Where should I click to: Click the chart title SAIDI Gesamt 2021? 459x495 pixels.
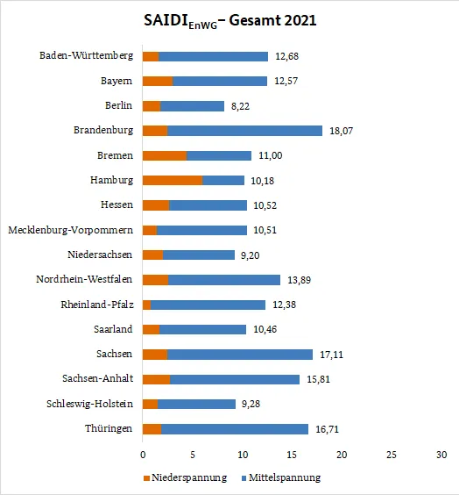tap(230, 21)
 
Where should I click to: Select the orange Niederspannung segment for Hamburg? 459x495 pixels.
tap(173, 180)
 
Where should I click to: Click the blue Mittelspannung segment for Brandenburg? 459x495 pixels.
tap(244, 131)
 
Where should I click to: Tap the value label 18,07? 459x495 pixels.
tap(341, 131)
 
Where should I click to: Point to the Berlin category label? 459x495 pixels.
tap(118, 105)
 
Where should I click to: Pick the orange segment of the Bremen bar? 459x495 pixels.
tap(165, 155)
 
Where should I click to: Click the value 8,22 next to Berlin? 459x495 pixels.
tap(240, 106)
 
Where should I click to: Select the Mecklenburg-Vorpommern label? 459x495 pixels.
tap(71, 230)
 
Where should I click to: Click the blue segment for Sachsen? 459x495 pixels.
tap(240, 355)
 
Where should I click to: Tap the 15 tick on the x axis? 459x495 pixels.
tap(292, 455)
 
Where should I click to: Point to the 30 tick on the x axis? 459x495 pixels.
tap(441, 455)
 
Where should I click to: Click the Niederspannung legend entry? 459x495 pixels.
tap(185, 477)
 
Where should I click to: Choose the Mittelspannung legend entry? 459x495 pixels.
tap(281, 477)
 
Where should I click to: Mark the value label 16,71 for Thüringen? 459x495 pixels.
tap(327, 429)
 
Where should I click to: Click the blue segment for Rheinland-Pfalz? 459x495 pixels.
tap(208, 305)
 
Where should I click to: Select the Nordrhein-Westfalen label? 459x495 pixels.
tap(84, 279)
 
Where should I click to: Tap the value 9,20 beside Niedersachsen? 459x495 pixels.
tap(251, 255)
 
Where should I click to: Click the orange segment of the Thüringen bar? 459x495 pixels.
tap(152, 429)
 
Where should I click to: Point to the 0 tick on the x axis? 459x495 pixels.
tap(143, 455)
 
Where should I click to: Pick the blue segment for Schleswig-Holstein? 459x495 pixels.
tap(196, 404)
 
